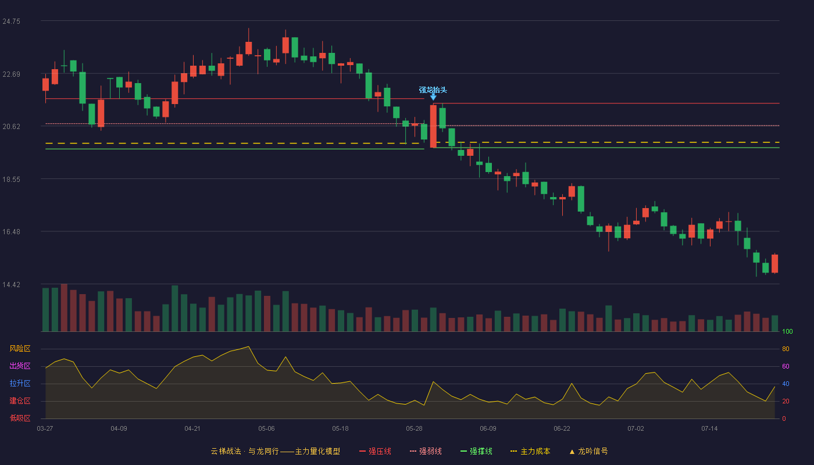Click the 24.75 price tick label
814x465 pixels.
point(11,22)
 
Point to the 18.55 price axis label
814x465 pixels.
point(11,180)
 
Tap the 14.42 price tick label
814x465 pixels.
point(11,285)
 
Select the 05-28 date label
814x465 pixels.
point(414,429)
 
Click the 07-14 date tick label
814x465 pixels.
point(709,429)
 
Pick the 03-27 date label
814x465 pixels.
point(45,429)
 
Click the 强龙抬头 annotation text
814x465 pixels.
point(433,90)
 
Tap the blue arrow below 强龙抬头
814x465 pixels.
point(433,96)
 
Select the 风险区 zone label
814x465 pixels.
point(20,349)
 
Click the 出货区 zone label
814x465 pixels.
point(20,366)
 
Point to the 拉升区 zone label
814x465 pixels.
point(20,383)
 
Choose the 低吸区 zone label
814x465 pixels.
point(20,418)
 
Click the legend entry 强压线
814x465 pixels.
point(375,451)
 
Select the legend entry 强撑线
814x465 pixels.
point(476,451)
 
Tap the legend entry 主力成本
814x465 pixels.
point(530,451)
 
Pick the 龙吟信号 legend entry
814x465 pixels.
point(588,451)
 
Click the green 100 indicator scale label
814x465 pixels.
point(787,331)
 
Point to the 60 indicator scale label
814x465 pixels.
point(786,366)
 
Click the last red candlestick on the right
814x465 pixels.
point(774,264)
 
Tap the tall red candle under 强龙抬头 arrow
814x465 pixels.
point(433,126)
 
